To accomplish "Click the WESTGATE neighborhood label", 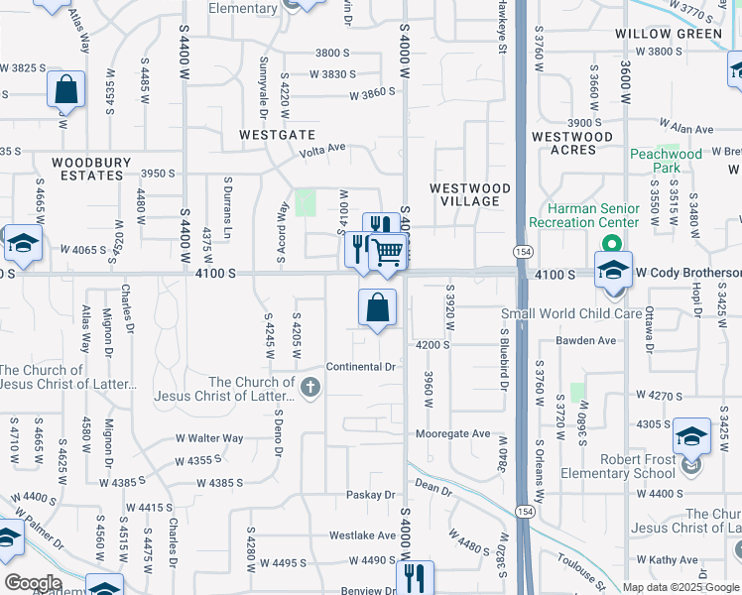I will (277, 134).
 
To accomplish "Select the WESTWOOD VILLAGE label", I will (470, 194).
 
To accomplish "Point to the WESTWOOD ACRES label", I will (578, 143).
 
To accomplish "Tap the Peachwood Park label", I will (666, 161).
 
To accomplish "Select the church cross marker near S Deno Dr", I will (310, 388).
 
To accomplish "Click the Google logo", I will (33, 582).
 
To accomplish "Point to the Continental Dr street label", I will (361, 367).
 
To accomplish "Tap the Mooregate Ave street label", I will (452, 433).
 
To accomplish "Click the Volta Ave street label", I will (323, 150).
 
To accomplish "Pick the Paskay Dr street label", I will (372, 495).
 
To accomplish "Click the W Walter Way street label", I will (209, 437).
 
